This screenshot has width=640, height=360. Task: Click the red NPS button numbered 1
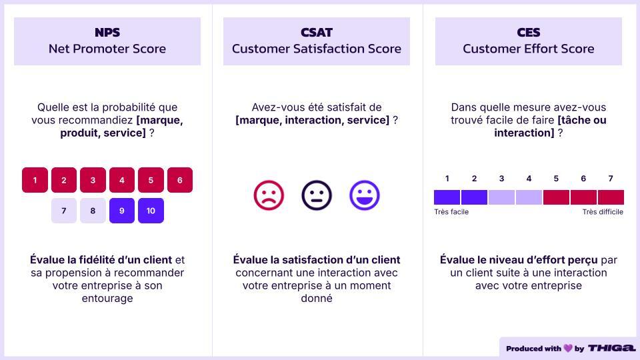coord(35,180)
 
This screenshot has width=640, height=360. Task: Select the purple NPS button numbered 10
coord(151,211)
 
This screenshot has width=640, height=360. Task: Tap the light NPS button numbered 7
coord(64,211)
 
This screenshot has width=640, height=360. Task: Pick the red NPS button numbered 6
coord(179,180)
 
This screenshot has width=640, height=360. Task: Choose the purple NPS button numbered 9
coord(121,211)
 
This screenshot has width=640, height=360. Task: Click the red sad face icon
coord(269,195)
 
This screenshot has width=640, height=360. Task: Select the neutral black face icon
coord(316,195)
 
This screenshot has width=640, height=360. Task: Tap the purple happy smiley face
coord(365,195)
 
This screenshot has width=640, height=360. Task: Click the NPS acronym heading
coord(107,32)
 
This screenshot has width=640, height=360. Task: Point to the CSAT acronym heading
coord(316,32)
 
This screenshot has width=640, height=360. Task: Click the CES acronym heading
coord(529,32)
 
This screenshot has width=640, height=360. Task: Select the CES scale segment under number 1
coord(447,197)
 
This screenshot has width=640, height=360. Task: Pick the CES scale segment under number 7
coord(611,197)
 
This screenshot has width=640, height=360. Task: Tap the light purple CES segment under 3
coord(501,197)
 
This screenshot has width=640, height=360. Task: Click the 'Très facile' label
coord(451,212)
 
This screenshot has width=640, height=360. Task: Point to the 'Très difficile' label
coord(603,212)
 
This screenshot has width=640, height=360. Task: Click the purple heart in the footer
coord(568,348)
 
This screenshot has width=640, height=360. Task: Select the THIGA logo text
coord(612,348)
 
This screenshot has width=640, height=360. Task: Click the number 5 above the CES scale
coord(556,179)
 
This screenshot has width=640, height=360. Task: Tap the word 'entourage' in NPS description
coord(107,299)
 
